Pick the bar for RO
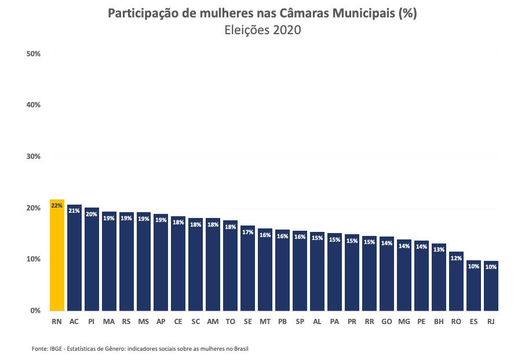(x=456, y=281)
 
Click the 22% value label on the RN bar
(x=57, y=205)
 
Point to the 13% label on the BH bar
(x=439, y=250)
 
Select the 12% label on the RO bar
(x=456, y=258)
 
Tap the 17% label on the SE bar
(x=247, y=232)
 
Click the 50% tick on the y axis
(x=33, y=54)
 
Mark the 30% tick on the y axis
(x=33, y=157)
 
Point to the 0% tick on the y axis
(x=35, y=311)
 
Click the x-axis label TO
(x=230, y=321)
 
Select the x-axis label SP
(x=300, y=321)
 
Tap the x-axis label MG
(x=404, y=321)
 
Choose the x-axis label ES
(x=473, y=321)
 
